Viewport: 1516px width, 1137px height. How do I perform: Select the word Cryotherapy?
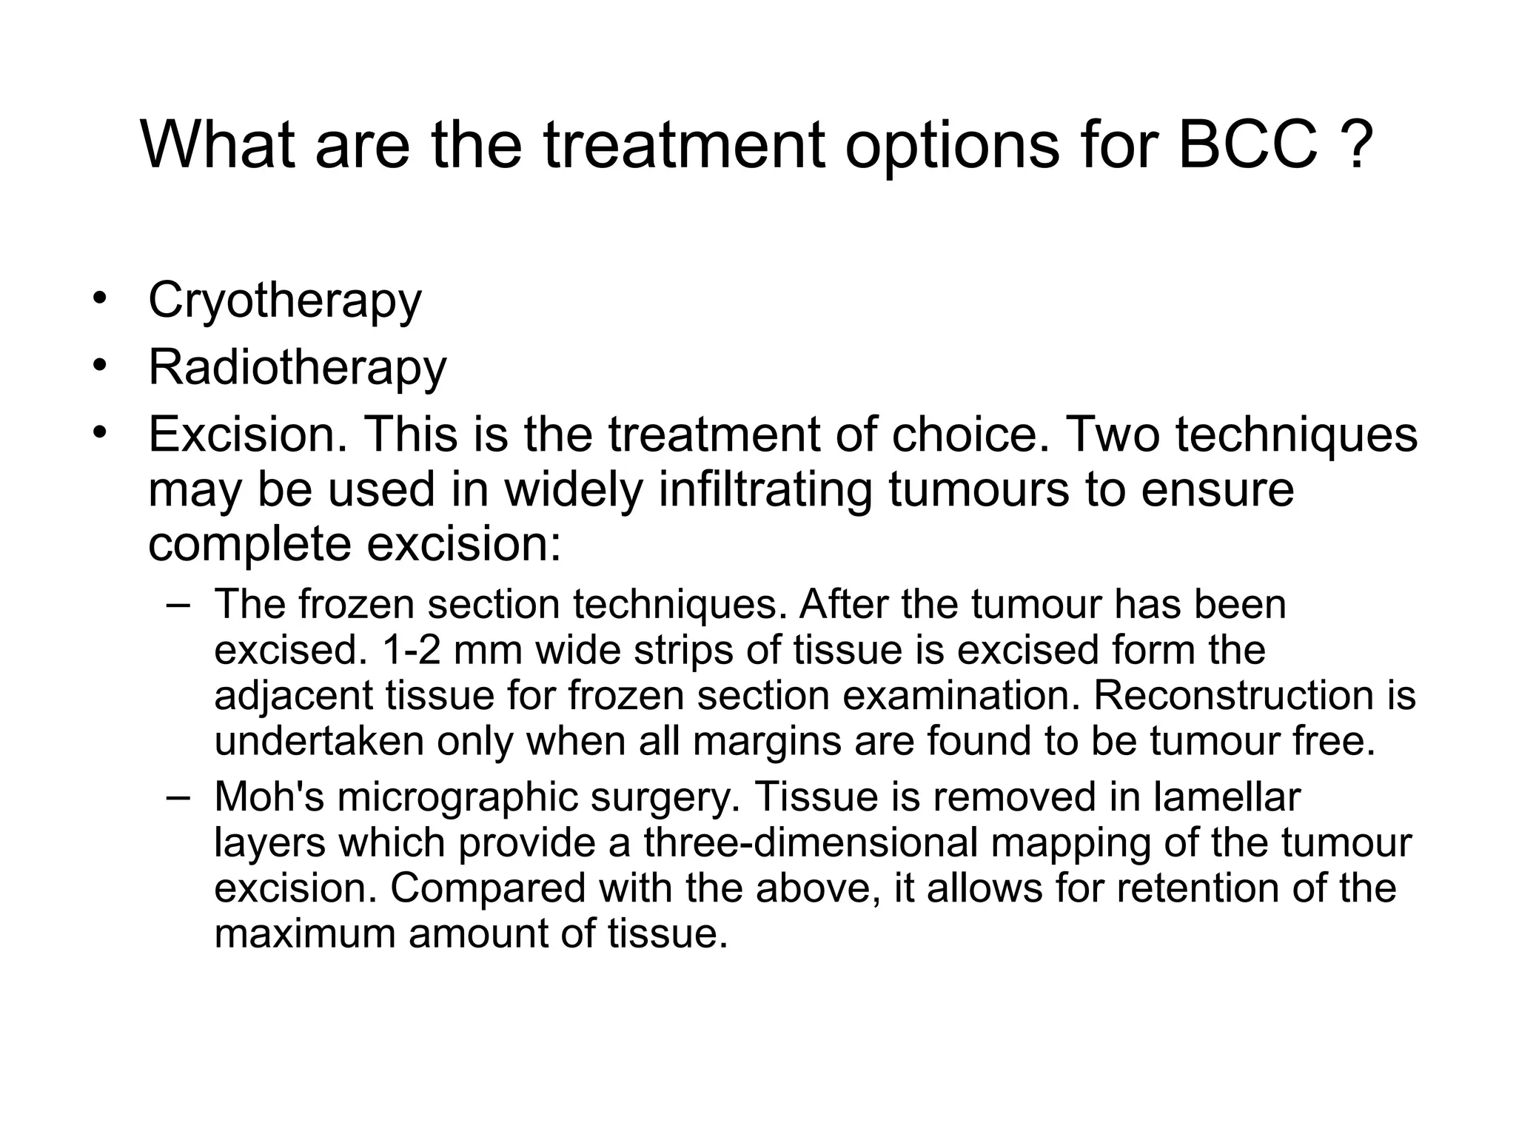[x=285, y=301]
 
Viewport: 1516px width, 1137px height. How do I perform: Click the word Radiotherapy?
[x=298, y=368]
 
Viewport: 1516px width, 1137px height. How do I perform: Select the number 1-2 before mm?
[x=411, y=650]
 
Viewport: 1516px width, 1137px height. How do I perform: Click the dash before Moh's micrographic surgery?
[x=178, y=797]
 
